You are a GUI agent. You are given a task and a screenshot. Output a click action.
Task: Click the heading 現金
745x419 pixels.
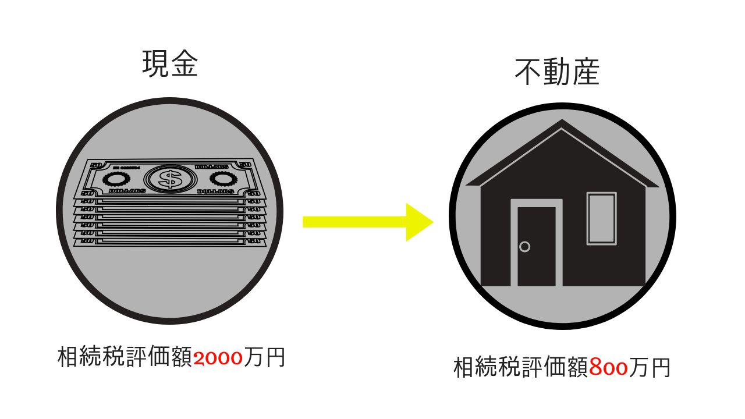pyautogui.click(x=170, y=64)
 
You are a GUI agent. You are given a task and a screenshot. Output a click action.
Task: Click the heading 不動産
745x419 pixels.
pyautogui.click(x=557, y=73)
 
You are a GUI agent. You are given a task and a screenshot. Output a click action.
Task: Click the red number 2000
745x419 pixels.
pyautogui.click(x=218, y=358)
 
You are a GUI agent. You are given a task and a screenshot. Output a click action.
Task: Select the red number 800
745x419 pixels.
pyautogui.click(x=608, y=368)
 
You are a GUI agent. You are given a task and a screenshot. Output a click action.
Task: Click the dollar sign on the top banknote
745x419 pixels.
pyautogui.click(x=170, y=179)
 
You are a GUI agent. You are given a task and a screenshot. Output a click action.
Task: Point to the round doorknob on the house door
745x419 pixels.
pyautogui.click(x=524, y=247)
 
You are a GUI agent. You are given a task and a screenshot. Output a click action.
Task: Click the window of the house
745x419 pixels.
pyautogui.click(x=601, y=218)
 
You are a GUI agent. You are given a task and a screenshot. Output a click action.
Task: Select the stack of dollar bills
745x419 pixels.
pyautogui.click(x=170, y=204)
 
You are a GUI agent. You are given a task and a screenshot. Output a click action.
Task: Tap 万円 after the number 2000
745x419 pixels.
pyautogui.click(x=265, y=357)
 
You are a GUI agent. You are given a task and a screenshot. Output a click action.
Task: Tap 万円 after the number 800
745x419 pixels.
pyautogui.click(x=650, y=368)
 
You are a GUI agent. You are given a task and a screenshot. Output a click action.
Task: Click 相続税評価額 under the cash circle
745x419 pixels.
pyautogui.click(x=125, y=357)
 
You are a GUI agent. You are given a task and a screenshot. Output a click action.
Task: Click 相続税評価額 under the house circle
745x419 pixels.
pyautogui.click(x=520, y=368)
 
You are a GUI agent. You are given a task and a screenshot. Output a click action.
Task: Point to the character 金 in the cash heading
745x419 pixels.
pyautogui.click(x=185, y=64)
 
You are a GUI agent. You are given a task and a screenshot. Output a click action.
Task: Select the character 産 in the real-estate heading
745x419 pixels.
pyautogui.click(x=586, y=73)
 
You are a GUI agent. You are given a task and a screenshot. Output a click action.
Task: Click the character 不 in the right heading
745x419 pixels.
pyautogui.click(x=528, y=73)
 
